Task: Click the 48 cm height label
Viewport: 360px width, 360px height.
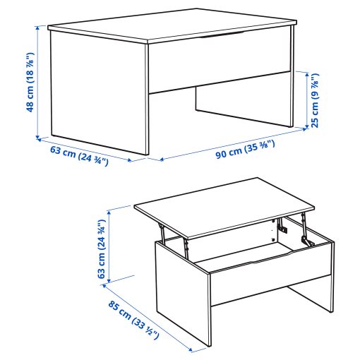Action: coord(30,85)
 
